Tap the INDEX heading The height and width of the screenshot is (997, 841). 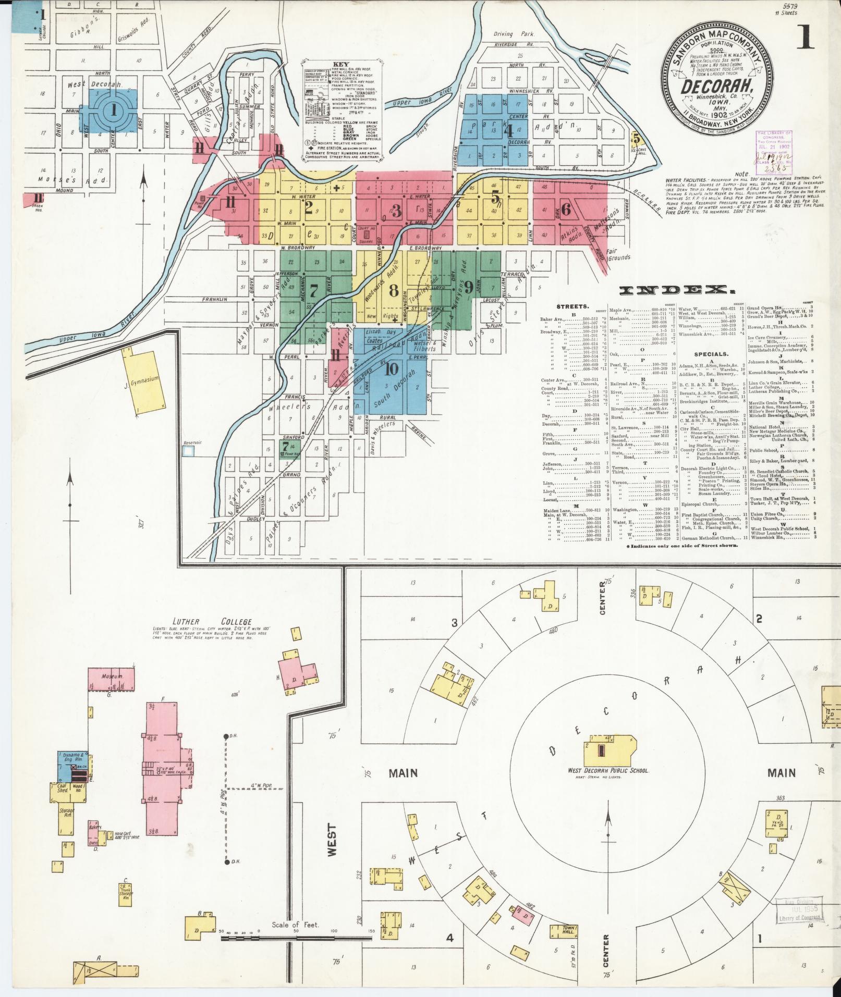[673, 290]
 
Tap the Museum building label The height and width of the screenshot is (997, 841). [112, 676]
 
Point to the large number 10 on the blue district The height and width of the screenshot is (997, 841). [392, 370]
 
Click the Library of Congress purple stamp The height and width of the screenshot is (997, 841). [774, 150]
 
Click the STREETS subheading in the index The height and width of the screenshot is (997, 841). [572, 306]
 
